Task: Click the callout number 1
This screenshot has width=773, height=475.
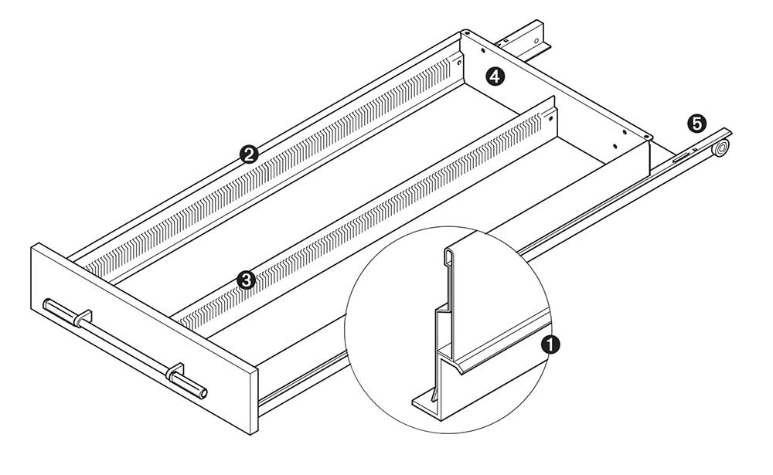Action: pyautogui.click(x=550, y=344)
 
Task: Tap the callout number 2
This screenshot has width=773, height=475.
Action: pyautogui.click(x=248, y=154)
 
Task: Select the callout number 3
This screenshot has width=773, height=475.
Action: pyautogui.click(x=246, y=280)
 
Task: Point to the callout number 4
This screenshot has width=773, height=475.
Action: pyautogui.click(x=495, y=76)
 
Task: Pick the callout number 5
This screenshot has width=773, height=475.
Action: pyautogui.click(x=696, y=123)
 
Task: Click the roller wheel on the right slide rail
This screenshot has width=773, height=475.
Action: pyautogui.click(x=721, y=148)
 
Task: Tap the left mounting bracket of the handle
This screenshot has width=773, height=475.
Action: pyautogui.click(x=83, y=317)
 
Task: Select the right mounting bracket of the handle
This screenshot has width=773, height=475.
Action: pyautogui.click(x=175, y=372)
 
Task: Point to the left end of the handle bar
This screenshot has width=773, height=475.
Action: pyautogui.click(x=47, y=303)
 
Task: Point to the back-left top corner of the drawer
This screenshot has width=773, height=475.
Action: pyautogui.click(x=463, y=32)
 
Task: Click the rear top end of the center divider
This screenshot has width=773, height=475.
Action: pyautogui.click(x=554, y=100)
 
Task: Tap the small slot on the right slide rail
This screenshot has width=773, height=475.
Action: pyautogui.click(x=681, y=158)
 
